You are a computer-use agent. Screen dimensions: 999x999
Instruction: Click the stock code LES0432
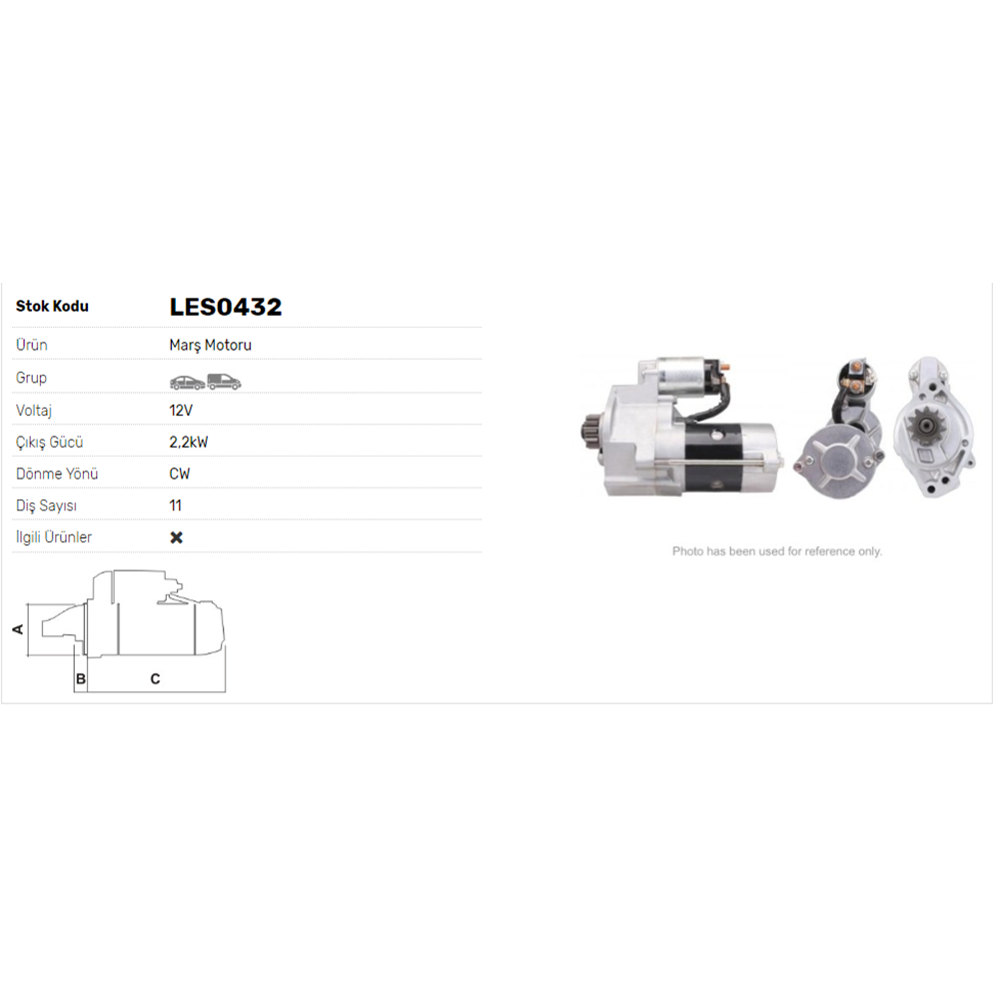225,307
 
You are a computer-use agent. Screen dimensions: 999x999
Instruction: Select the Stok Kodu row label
52,306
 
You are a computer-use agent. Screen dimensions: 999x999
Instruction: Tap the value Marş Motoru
210,345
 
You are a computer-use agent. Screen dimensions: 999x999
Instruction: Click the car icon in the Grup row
188,382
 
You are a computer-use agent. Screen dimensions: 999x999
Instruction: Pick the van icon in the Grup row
224,381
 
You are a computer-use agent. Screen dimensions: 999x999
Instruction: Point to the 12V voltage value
181,411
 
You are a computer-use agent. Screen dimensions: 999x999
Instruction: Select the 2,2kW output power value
189,443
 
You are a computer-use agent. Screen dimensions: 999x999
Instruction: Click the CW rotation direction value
180,474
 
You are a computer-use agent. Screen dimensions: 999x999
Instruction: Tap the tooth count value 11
175,505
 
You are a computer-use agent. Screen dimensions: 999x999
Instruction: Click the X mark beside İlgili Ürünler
177,537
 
